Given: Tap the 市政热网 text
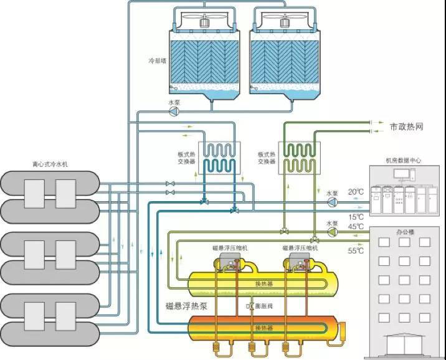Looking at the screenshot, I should tap(406, 126).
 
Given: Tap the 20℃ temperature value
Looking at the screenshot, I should tap(356, 192).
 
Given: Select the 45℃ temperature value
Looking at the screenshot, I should tap(356, 226).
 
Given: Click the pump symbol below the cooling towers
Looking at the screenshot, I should tap(174, 111).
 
